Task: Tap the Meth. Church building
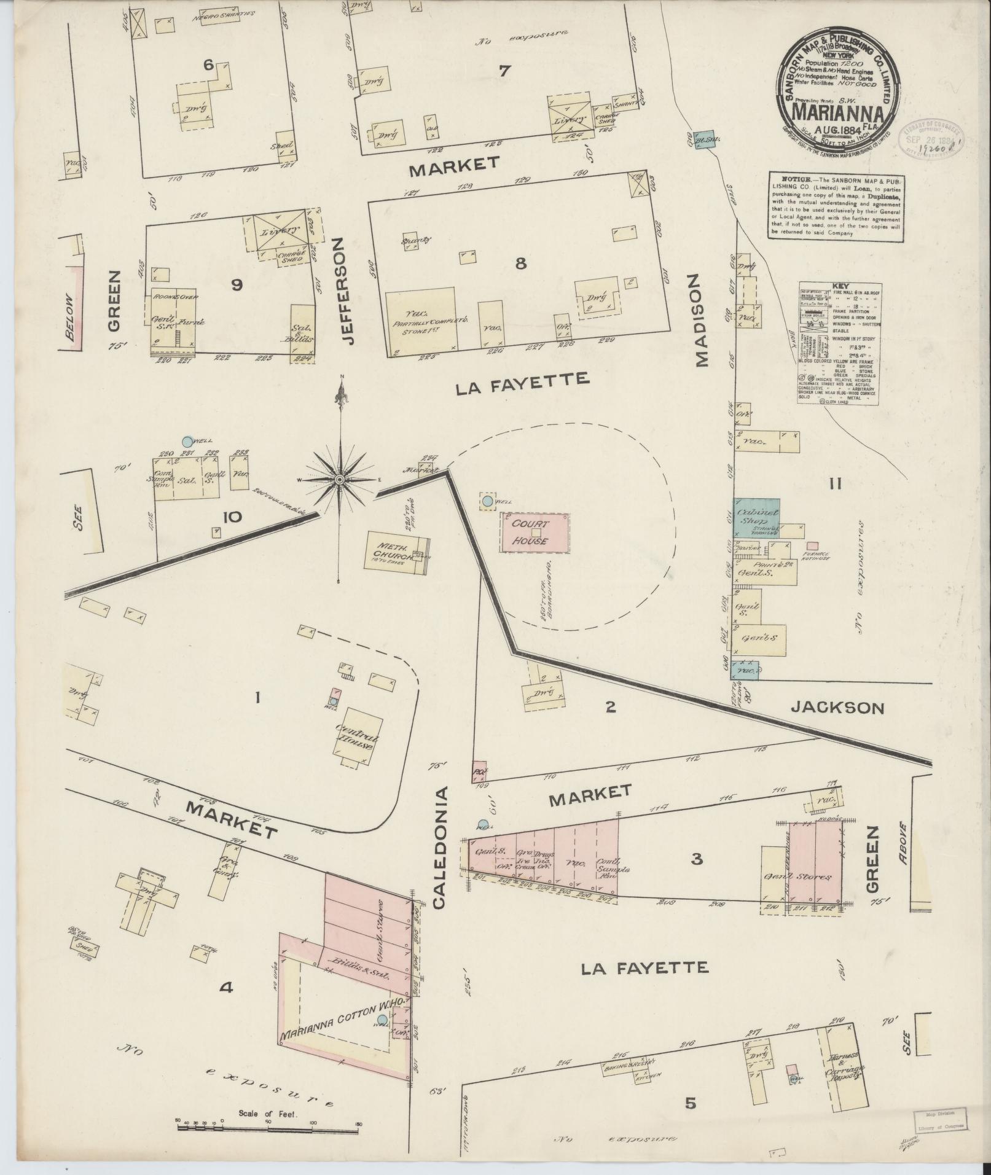point(396,552)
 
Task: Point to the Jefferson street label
point(346,291)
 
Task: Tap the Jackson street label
point(836,708)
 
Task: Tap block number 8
point(520,263)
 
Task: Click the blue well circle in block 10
point(187,441)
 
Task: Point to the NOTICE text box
point(836,206)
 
